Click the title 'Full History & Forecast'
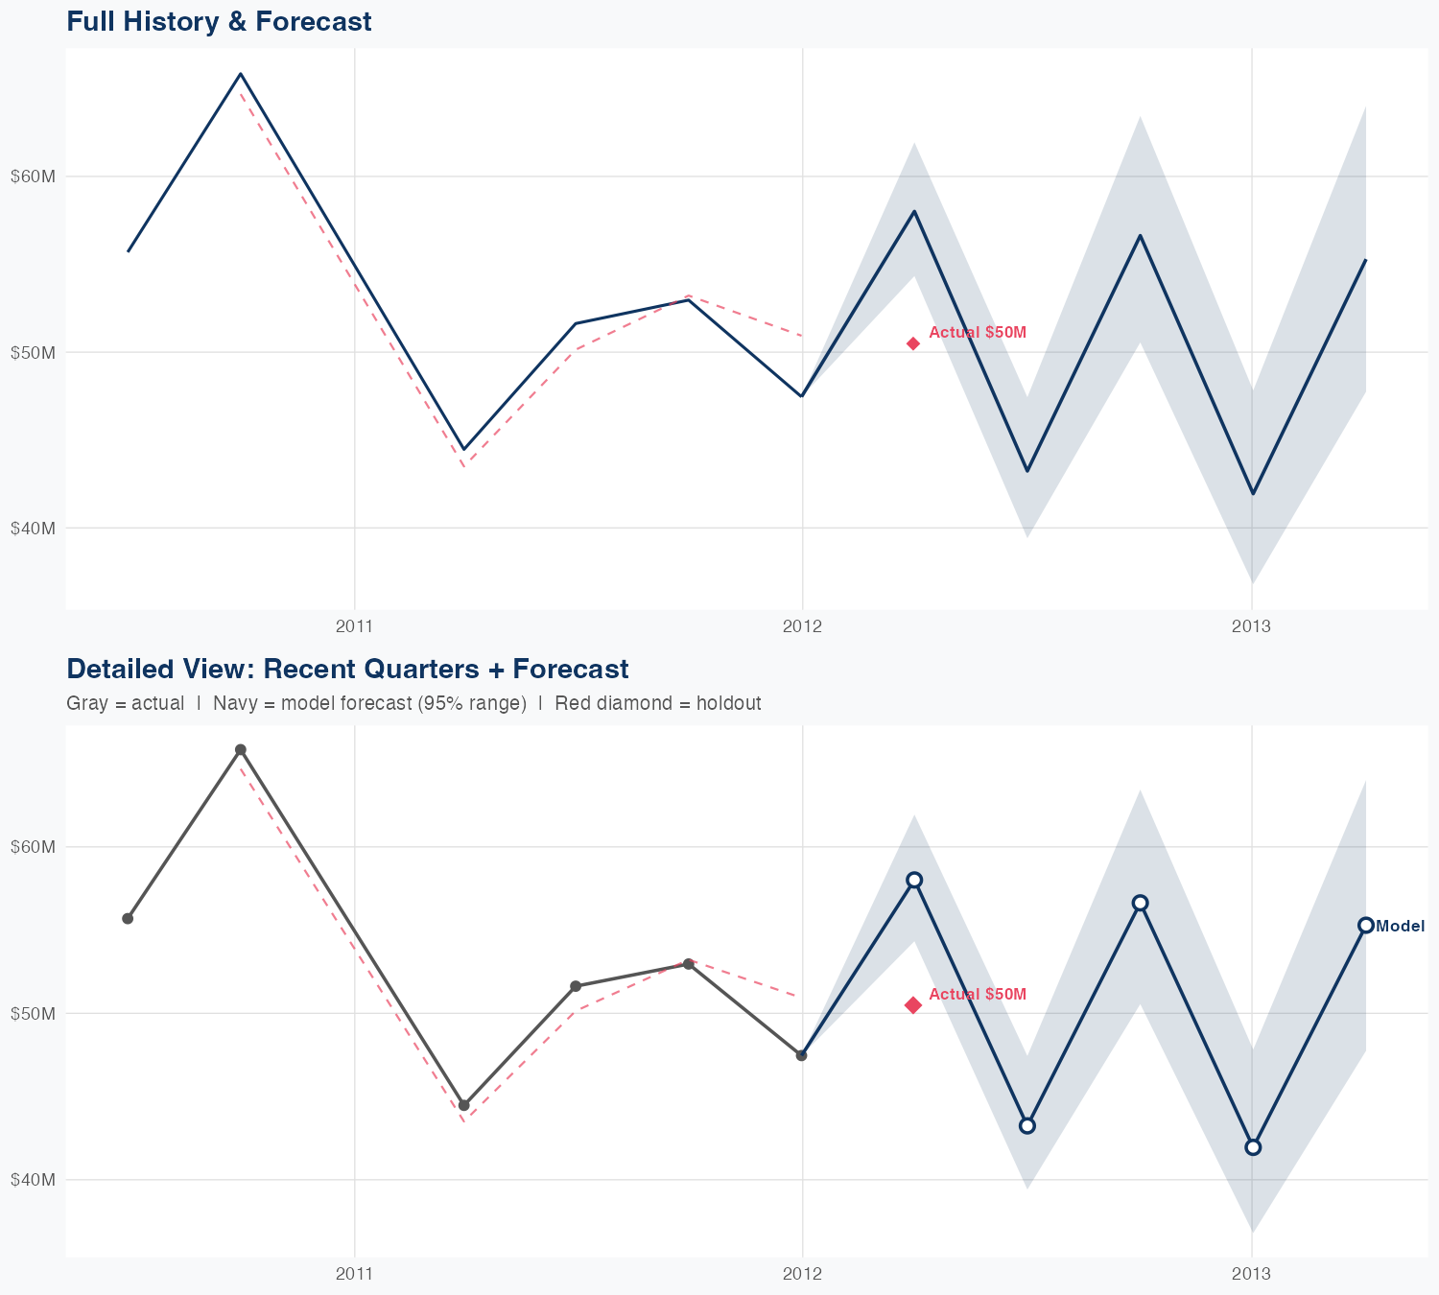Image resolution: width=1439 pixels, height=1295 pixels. pos(219,21)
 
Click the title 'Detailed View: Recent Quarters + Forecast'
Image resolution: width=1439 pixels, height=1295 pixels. pos(347,669)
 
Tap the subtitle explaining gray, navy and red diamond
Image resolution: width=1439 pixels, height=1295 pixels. pos(413,703)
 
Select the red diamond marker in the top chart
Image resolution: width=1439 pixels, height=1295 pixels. pos(913,343)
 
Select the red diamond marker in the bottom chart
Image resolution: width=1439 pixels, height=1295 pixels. pos(913,1005)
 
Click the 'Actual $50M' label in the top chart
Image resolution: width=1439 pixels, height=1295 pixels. pos(978,333)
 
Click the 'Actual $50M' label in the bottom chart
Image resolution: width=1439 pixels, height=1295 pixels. pos(978,995)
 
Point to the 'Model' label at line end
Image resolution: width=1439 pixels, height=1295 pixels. pos(1400,927)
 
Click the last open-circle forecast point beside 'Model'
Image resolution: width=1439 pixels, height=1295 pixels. pos(1365,925)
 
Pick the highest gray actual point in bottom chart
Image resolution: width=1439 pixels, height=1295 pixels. pos(241,750)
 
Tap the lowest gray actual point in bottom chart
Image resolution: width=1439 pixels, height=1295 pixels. pos(464,1105)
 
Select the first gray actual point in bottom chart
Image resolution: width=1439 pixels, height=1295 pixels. pos(128,919)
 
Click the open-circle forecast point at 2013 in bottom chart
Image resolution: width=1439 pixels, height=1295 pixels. pos(1253,1147)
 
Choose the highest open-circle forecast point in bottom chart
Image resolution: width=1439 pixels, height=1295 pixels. pos(914,880)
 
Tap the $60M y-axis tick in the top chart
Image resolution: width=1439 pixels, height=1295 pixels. pos(33,177)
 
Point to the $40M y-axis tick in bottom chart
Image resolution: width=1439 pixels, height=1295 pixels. pos(33,1179)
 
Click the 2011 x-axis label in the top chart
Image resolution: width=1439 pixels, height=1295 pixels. pos(354,627)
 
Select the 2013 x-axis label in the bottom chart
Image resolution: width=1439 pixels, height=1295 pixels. pos(1251,1274)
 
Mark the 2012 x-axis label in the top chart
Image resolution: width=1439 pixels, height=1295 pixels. pos(803,627)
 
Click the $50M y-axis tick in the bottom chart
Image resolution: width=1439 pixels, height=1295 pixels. pos(33,1013)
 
